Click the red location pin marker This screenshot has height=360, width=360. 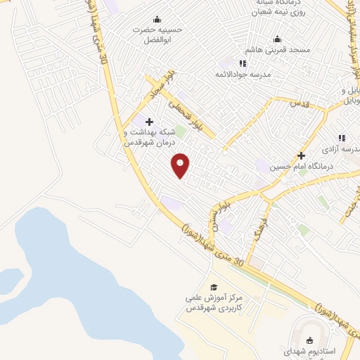coord(181,165)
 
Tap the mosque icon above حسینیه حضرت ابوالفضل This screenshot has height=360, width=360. coord(156,19)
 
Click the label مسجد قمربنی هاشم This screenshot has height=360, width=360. coord(278,51)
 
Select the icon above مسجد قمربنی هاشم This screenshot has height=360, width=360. coord(277,39)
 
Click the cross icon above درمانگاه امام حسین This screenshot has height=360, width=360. coord(302,155)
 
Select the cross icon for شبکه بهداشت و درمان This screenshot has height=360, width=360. coord(149,122)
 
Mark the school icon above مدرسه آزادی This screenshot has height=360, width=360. coord(342,138)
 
